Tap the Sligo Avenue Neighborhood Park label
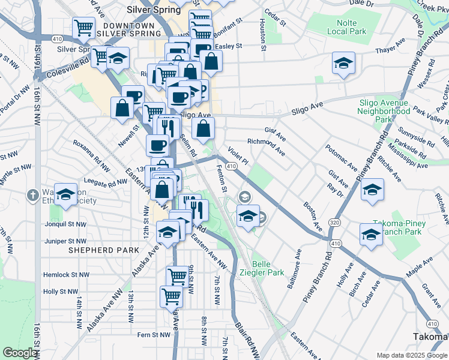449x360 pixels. click(x=383, y=111)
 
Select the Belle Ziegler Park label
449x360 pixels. click(x=268, y=268)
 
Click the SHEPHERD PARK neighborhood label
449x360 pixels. click(x=97, y=250)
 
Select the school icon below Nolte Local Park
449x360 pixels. click(x=343, y=63)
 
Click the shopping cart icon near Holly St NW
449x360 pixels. click(x=172, y=296)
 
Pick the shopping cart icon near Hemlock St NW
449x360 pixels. click(x=177, y=276)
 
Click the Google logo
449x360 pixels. click(x=20, y=353)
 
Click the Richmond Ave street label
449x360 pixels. click(x=267, y=143)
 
